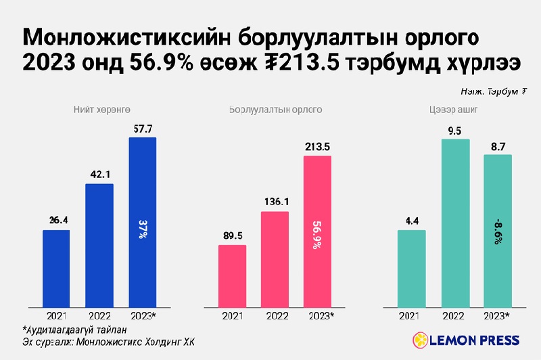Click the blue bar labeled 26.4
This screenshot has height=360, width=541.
coord(56,269)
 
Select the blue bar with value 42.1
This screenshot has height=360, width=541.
coord(99,245)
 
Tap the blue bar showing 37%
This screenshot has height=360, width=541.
coord(143,223)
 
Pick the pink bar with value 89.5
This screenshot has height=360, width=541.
coord(232,276)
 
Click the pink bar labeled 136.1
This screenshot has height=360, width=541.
coord(275,259)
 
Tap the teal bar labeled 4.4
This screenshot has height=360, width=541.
coord(411,269)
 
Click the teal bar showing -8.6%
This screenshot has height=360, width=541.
coord(497,231)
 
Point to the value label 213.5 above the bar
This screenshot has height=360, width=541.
coord(317,147)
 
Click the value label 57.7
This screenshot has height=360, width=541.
coord(143,128)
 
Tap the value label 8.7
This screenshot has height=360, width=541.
coord(497,145)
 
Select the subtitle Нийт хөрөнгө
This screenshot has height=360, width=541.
coord(101,109)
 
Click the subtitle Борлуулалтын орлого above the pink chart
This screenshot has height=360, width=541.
coord(275,109)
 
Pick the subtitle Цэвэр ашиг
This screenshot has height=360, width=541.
coord(454,109)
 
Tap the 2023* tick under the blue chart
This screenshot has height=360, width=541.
coord(143,316)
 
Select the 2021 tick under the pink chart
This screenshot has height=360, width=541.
coord(232,316)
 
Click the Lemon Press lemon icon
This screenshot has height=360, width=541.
coord(419,340)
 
